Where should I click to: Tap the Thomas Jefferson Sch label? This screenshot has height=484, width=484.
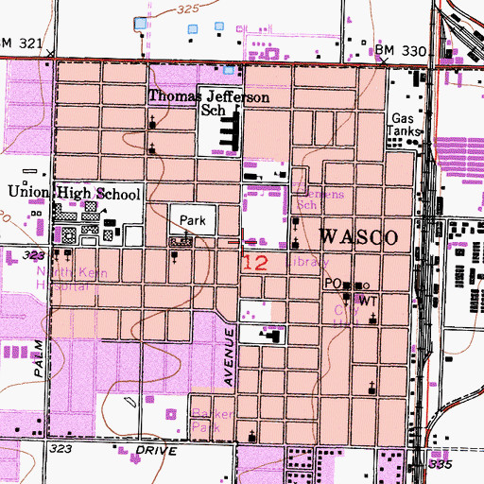(x=208, y=104)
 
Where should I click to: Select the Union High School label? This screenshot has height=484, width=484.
(x=74, y=193)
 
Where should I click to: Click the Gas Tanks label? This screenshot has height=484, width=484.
(x=404, y=127)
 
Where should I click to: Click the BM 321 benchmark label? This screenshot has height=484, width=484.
(x=23, y=43)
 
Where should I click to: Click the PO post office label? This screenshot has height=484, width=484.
(x=332, y=284)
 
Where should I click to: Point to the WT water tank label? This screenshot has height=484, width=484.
(x=368, y=300)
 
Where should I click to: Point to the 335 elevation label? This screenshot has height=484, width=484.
(x=440, y=465)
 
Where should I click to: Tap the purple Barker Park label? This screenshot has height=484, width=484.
(x=207, y=422)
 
